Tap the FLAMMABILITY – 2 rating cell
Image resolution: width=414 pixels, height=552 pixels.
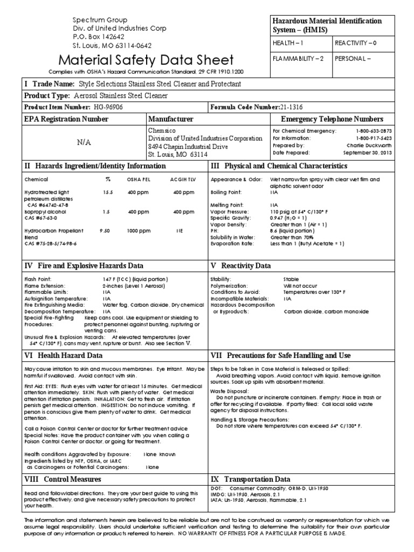pos(297,59)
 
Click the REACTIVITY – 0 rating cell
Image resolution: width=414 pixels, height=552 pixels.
pos(356,42)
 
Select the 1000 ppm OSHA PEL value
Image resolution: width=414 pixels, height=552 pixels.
pos(138,230)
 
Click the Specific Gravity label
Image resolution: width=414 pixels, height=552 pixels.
pos(231,218)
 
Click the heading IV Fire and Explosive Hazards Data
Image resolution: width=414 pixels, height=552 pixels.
pos(84,266)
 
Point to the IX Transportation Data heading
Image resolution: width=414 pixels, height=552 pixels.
pos(250,479)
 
